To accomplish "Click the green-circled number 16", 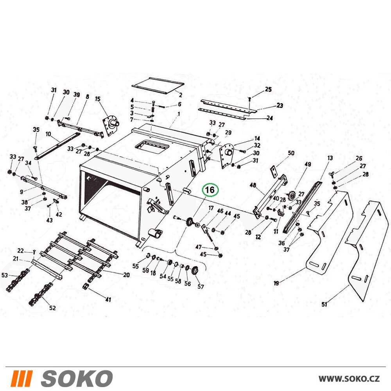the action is click(210, 190).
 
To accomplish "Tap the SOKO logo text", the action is click(77, 378).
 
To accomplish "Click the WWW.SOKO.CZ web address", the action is click(349, 379).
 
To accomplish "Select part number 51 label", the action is click(324, 304).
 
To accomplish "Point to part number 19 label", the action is click(276, 283).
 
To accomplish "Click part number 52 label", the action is click(52, 308).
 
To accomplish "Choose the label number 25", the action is click(268, 89).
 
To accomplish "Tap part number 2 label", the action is click(181, 95).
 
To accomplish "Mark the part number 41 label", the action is click(108, 299).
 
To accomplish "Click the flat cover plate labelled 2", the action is click(158, 86).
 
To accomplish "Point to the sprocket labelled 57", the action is click(194, 271).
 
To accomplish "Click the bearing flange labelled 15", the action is click(111, 126).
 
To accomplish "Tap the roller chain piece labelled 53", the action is click(18, 280).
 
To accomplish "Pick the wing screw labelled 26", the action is click(332, 173).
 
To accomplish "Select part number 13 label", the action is click(330, 158).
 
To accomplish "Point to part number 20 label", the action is click(126, 275).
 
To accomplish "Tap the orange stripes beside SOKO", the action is click(22, 378).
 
